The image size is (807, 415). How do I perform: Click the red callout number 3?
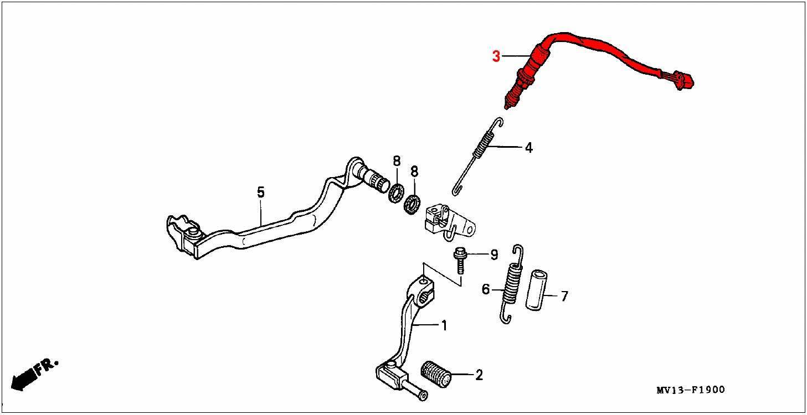(496, 56)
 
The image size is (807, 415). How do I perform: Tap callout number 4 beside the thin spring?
(529, 148)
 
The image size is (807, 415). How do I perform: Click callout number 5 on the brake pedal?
(260, 192)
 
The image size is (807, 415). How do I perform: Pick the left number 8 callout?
(397, 161)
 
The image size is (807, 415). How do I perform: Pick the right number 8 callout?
(414, 172)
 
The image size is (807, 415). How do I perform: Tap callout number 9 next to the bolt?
(494, 255)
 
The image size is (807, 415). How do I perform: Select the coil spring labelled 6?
(512, 283)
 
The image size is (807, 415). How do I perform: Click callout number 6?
(486, 289)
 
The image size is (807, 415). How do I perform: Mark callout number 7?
(564, 297)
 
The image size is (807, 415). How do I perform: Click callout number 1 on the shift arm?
(443, 325)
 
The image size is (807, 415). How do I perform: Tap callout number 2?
(479, 375)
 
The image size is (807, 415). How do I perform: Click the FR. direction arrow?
(33, 373)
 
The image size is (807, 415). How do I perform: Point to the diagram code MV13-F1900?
(690, 390)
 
